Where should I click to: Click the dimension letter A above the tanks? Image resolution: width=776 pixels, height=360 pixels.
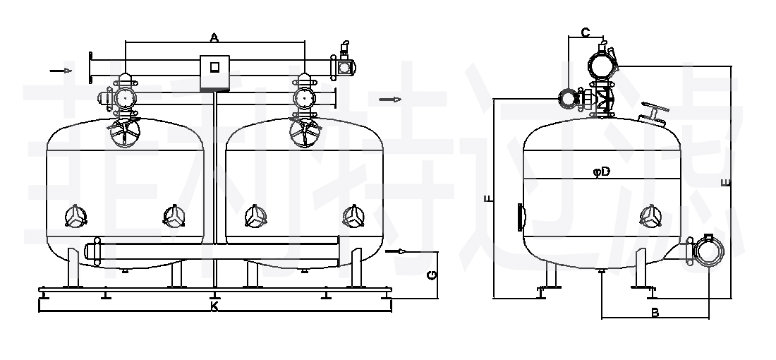pos(214,37)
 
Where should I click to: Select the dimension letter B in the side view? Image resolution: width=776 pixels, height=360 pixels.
pos(654,313)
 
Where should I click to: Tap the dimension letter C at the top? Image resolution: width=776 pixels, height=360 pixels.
pos(586,32)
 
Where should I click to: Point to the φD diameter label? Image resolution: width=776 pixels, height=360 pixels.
pos(601,172)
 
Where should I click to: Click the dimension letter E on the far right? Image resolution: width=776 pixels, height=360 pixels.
pos(726,183)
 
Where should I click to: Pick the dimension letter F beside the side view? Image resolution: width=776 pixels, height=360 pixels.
pos(488,199)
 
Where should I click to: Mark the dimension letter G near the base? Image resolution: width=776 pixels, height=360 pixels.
pos(432,275)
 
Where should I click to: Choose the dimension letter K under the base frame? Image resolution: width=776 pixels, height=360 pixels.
pos(214,306)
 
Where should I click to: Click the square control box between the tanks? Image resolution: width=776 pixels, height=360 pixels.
pos(214,73)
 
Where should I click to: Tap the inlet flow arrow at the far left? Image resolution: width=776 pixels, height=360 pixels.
pos(61,71)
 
